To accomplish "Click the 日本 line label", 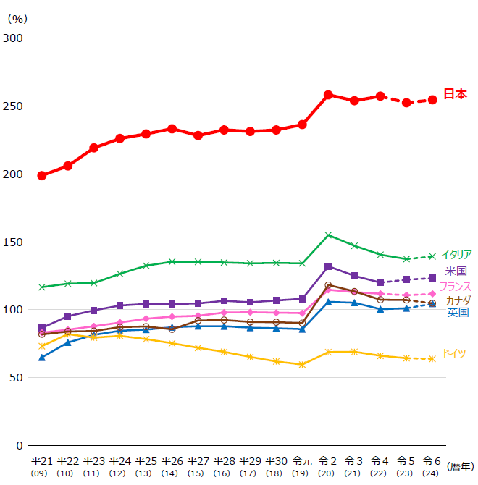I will click(455, 94).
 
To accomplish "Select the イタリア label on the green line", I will click(456, 254).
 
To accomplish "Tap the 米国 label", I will click(456, 271).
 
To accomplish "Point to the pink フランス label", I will click(456, 286).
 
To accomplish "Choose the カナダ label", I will click(458, 300).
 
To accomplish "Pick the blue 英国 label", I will click(458, 312).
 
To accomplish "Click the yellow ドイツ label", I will click(454, 353).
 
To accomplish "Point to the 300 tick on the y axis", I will click(14, 38).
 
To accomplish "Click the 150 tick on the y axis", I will click(14, 242).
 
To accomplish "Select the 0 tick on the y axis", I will click(20, 445).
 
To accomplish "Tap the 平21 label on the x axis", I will click(42, 461).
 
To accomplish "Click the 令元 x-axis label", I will click(302, 461).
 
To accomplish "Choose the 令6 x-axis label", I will click(432, 461).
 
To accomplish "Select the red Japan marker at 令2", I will click(328, 95).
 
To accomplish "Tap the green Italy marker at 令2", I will click(328, 235).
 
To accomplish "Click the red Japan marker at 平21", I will click(42, 175).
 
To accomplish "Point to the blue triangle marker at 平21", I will click(42, 358).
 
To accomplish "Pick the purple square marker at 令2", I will click(328, 266).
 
